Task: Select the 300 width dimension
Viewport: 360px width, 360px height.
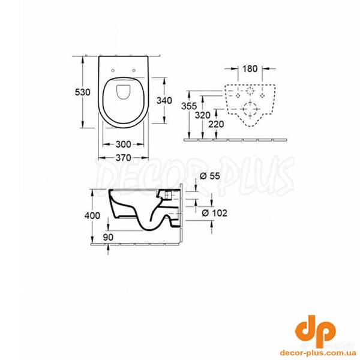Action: click(x=123, y=145)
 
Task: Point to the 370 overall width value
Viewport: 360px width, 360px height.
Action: click(x=123, y=157)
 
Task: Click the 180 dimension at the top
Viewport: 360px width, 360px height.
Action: click(x=250, y=68)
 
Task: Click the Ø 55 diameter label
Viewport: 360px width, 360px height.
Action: click(x=208, y=176)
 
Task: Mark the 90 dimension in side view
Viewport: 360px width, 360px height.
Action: click(x=109, y=237)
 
